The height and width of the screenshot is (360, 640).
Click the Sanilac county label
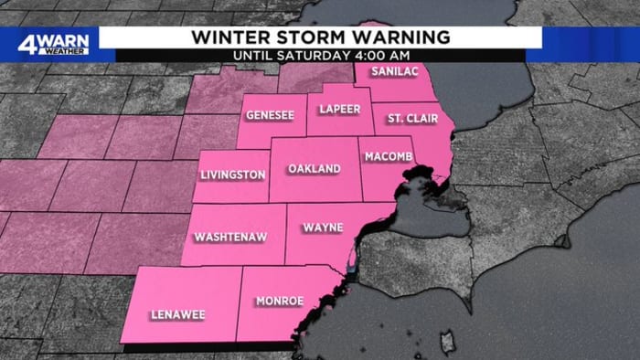[393, 72]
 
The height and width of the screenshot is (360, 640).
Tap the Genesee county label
[269, 116]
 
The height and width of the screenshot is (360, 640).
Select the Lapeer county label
[339, 110]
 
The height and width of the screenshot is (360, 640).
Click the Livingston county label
[232, 175]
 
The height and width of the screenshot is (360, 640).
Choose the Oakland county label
[314, 169]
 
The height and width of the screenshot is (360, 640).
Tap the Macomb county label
[389, 157]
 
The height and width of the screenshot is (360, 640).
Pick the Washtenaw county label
[230, 238]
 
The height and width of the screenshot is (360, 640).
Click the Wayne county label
[323, 226]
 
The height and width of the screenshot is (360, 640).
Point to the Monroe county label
[279, 301]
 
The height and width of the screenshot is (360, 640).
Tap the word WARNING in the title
[402, 37]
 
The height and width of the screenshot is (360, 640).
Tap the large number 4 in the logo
[28, 41]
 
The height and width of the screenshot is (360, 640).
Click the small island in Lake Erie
[447, 342]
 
